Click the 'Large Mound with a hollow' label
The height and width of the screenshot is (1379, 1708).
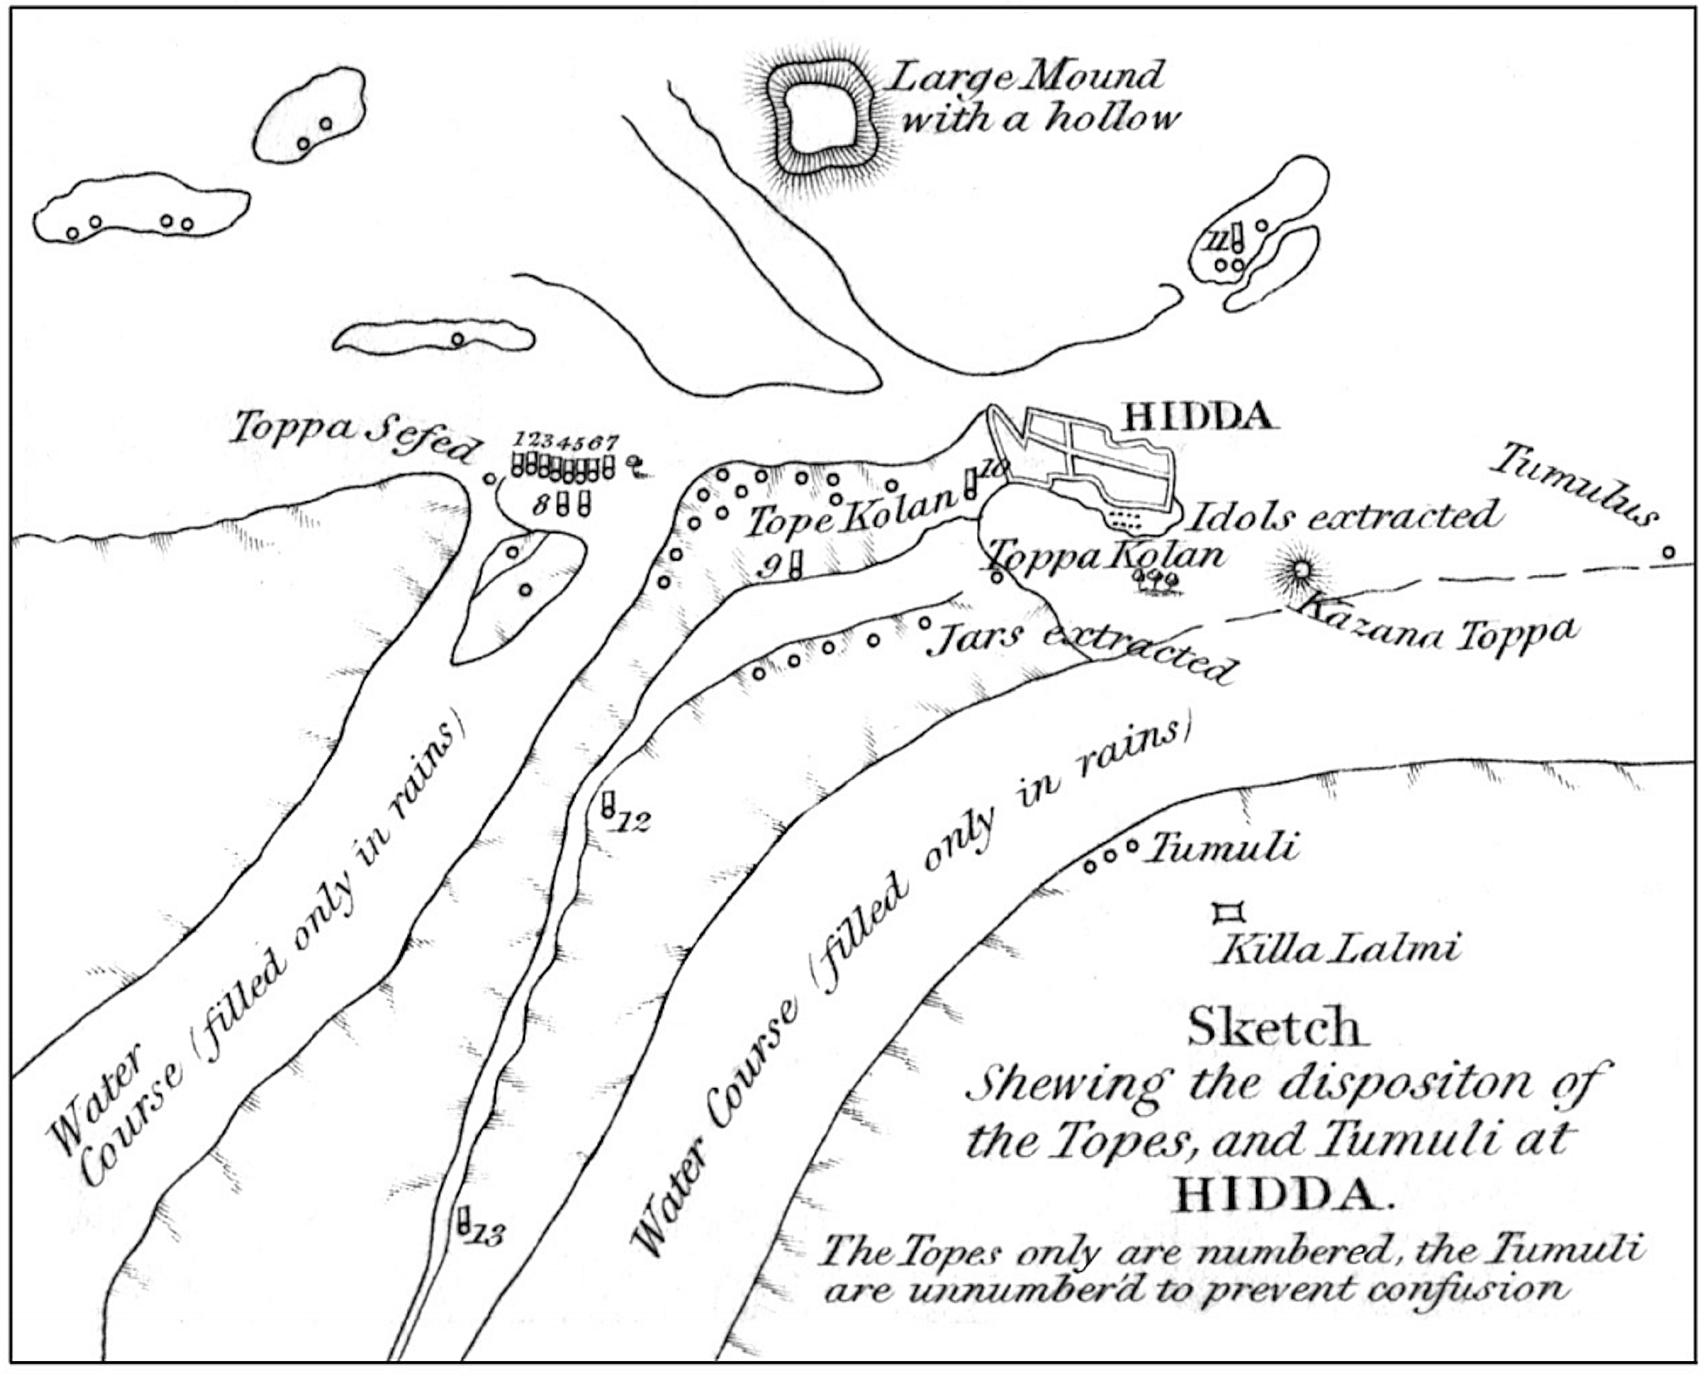(x=1030, y=98)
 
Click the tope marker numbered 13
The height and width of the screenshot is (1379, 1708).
(x=464, y=1221)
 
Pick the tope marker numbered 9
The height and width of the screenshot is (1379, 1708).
(x=795, y=564)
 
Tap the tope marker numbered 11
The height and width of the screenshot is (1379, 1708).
(x=1237, y=237)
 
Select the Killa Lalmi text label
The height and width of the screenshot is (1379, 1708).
(x=1338, y=949)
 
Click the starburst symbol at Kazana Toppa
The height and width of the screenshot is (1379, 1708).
(x=1300, y=571)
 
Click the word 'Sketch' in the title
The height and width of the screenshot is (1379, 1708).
(x=1277, y=1028)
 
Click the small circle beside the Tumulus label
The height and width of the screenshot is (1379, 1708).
(x=1668, y=552)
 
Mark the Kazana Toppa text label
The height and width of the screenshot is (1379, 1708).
(x=1437, y=627)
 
